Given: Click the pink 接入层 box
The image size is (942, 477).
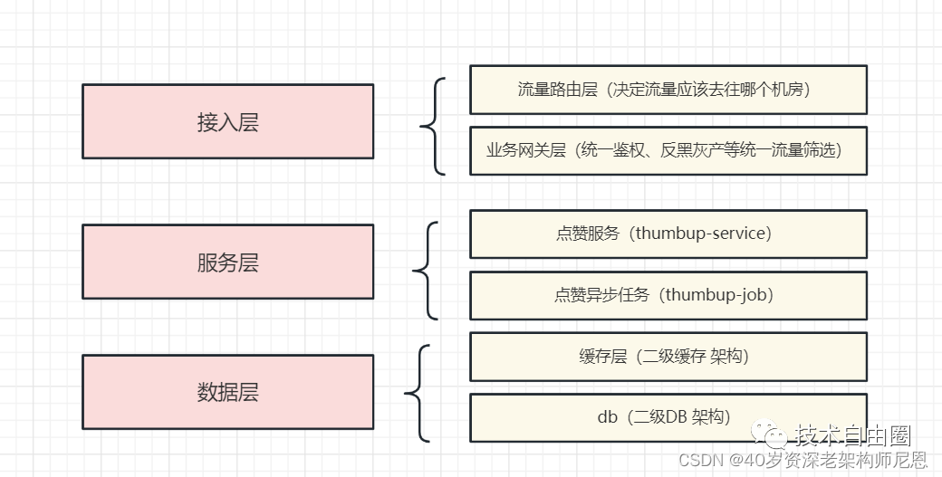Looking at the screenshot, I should click(227, 122).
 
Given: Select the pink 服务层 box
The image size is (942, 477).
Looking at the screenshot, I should click(227, 262).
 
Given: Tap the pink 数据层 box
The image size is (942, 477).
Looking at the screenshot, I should click(227, 392).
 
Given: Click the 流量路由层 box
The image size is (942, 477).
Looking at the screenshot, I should click(668, 90).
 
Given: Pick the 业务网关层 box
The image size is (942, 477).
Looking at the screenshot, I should click(668, 151).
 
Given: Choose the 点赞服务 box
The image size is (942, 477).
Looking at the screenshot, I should click(668, 234).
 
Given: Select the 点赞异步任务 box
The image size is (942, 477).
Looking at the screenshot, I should click(668, 295).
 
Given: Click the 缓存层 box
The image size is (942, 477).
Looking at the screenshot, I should click(668, 357).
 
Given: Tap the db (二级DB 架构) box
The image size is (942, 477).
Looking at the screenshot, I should click(668, 417).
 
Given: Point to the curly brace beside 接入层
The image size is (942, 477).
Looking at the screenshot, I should click(432, 126).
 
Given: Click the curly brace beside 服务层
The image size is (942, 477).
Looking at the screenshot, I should click(425, 270).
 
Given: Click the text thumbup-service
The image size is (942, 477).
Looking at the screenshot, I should click(702, 234).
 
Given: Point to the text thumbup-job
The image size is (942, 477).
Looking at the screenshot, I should click(718, 295).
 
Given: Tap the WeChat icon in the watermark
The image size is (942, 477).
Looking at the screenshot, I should click(775, 438).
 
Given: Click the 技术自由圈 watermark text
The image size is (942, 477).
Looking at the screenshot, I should click(852, 437).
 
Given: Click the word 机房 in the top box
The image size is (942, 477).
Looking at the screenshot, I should click(786, 90).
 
